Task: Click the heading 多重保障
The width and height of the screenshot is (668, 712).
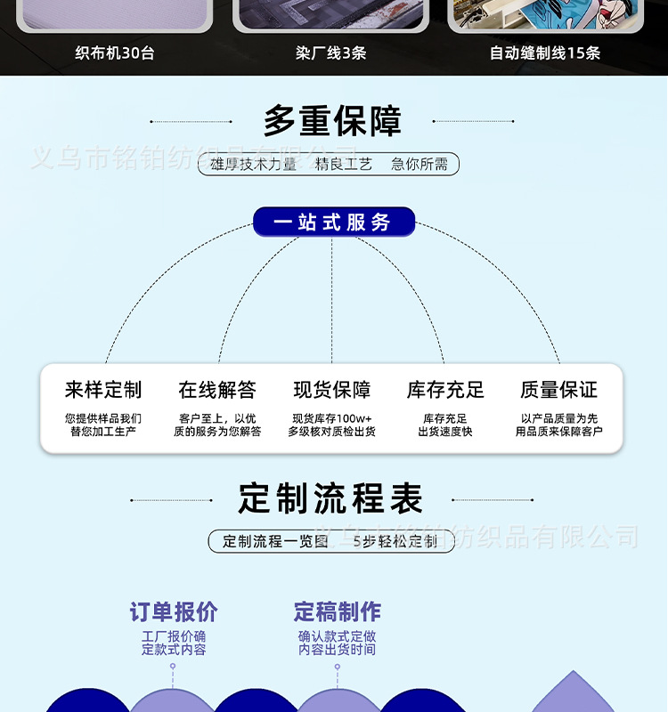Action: (x=332, y=121)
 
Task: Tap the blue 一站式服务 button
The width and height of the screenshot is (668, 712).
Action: (x=333, y=222)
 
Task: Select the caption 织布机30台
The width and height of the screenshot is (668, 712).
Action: (x=115, y=53)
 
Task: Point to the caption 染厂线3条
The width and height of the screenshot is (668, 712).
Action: (x=331, y=53)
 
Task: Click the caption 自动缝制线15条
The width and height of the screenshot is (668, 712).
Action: (x=545, y=53)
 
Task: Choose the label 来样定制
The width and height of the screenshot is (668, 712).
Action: (x=103, y=390)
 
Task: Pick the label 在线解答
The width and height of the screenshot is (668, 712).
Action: (x=217, y=390)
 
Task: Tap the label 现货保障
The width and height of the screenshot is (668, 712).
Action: (x=332, y=390)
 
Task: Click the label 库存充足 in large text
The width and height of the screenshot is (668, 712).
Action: (x=445, y=390)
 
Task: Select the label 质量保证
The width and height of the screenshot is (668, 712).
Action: (x=559, y=390)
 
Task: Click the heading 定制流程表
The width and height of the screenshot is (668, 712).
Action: (x=331, y=498)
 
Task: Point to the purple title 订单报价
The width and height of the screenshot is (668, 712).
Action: (x=174, y=612)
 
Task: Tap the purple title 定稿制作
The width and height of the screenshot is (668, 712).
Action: (x=338, y=612)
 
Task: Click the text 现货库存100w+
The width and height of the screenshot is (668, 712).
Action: (x=332, y=418)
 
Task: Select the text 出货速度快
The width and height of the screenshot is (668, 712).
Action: (x=445, y=432)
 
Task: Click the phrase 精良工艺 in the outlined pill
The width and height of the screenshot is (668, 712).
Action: (x=344, y=164)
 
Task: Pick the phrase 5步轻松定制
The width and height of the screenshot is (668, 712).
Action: (x=395, y=541)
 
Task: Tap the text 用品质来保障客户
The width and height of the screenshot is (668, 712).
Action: (x=559, y=432)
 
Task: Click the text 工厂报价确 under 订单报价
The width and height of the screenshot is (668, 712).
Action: (x=174, y=636)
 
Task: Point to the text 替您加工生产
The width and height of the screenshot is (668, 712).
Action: (x=103, y=432)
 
